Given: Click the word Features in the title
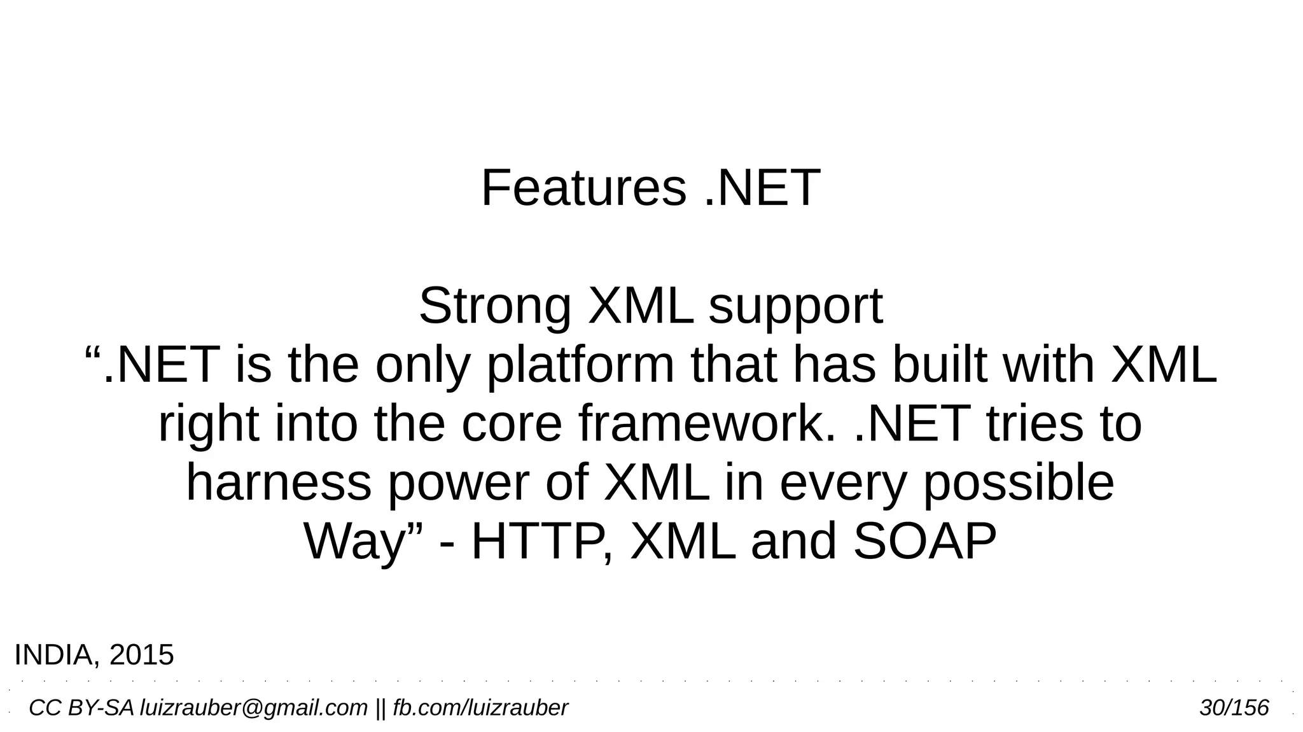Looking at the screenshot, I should [583, 188].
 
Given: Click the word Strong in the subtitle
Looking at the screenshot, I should [494, 307].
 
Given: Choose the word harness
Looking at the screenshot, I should [278, 483].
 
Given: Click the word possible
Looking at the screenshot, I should [1018, 483].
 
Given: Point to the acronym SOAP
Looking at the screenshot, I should [924, 542].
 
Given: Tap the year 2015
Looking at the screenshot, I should [141, 655].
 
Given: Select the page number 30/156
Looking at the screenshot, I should [1234, 708].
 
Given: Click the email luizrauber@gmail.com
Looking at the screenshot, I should [253, 708].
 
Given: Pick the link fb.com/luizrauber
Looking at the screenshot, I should [480, 708].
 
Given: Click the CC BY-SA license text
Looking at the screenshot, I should [81, 708].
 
